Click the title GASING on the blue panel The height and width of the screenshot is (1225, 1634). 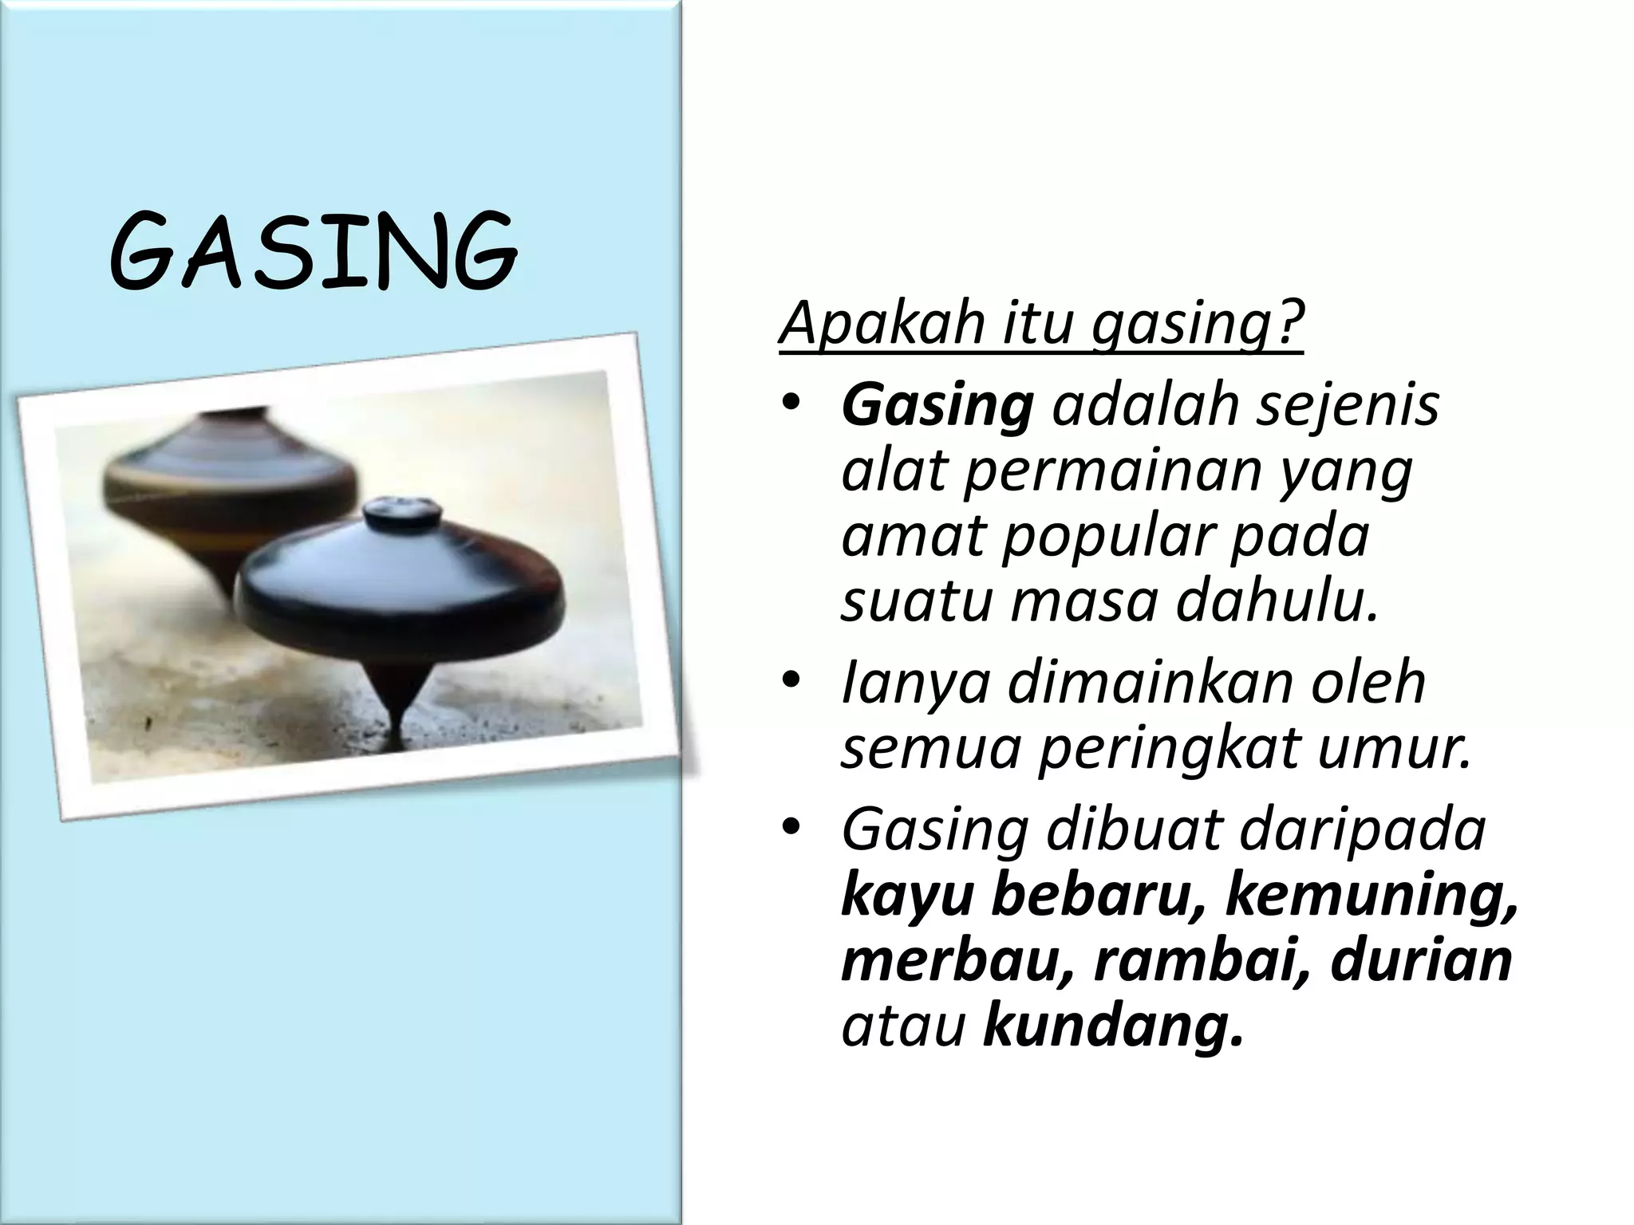pos(313,250)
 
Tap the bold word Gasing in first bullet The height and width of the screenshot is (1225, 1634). pos(937,406)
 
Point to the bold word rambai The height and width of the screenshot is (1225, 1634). pos(1197,962)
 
